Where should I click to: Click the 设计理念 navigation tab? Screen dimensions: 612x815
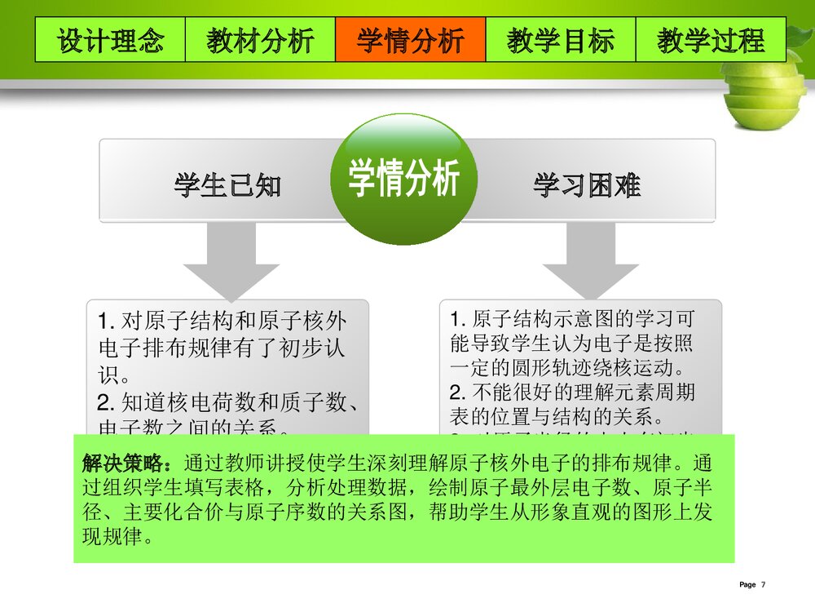click(x=110, y=40)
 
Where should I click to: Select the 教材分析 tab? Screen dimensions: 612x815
click(x=260, y=40)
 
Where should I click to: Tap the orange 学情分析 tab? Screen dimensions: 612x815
click(x=410, y=40)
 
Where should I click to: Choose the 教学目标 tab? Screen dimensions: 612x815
click(x=560, y=40)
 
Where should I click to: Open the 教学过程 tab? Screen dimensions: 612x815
click(x=710, y=40)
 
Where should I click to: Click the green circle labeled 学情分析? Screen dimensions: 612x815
click(x=404, y=179)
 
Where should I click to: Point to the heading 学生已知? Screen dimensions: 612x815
click(x=227, y=186)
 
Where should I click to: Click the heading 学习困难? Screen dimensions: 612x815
click(x=586, y=186)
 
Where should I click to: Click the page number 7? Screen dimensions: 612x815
click(x=764, y=584)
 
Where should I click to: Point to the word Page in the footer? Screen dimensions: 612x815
click(x=747, y=584)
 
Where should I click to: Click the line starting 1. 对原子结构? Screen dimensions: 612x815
click(x=222, y=322)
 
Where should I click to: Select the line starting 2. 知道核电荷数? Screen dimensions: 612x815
click(x=229, y=402)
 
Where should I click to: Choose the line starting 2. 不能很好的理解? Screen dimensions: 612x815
click(x=573, y=392)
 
